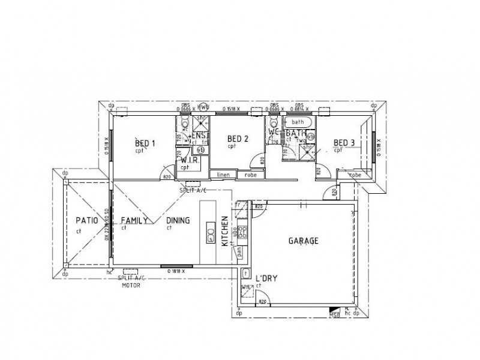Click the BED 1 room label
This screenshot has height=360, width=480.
point(145,143)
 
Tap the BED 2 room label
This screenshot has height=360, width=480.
point(238,139)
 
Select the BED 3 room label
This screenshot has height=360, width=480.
point(344,143)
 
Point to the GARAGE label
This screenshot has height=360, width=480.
point(303,241)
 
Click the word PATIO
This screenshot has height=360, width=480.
point(86,221)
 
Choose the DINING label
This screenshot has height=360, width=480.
point(178,221)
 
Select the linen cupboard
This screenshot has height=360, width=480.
point(223,175)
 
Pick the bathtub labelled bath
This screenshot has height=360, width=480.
point(299,122)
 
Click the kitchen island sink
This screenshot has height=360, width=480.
point(211,232)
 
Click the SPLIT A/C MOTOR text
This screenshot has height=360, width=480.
point(132,282)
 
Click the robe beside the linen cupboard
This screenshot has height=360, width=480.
point(251,175)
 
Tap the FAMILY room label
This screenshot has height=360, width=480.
point(134,221)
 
